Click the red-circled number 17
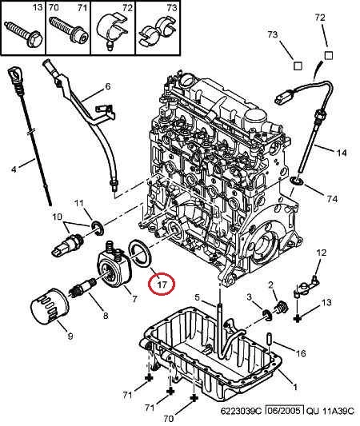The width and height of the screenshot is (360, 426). [162, 285]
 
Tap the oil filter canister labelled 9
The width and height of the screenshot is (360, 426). [50, 306]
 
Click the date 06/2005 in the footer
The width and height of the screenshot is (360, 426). [285, 411]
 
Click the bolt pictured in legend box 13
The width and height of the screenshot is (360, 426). [24, 34]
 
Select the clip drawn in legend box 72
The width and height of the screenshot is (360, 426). [112, 31]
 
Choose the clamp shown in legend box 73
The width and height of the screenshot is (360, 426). [158, 31]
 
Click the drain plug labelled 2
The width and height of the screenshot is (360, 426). [282, 308]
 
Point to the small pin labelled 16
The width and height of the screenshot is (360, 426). [268, 338]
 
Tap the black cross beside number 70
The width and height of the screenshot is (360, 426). [194, 398]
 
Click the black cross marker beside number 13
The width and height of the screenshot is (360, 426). [298, 318]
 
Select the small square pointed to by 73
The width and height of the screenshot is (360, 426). [298, 66]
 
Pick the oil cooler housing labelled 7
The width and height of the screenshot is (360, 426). [114, 264]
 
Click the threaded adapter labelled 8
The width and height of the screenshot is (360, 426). [83, 287]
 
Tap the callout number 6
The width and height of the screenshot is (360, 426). [108, 86]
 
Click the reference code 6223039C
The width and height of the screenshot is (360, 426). [241, 411]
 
